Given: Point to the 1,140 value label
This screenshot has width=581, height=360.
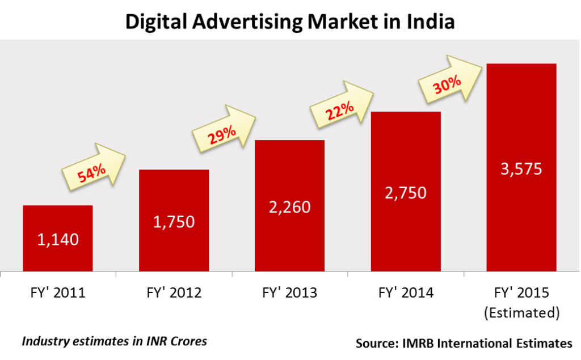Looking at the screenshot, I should click(x=58, y=239).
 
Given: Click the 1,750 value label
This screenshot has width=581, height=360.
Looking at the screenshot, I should click(x=174, y=221).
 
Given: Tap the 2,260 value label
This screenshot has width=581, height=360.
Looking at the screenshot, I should click(x=289, y=207).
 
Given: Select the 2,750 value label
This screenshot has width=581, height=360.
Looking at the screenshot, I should click(x=406, y=192).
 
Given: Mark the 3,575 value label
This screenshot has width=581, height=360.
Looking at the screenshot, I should click(x=521, y=168).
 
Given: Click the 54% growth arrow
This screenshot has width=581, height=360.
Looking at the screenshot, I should click(x=93, y=169).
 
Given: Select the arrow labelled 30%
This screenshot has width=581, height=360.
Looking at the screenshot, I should click(x=452, y=81).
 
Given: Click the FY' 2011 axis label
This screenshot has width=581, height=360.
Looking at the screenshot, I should click(x=58, y=293).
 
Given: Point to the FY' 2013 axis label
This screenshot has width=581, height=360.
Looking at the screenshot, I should click(x=289, y=293).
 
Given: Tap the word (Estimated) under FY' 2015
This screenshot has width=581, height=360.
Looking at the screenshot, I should click(x=521, y=312).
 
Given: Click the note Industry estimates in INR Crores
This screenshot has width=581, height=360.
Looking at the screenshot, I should click(x=114, y=341).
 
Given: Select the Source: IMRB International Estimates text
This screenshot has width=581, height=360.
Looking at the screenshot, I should click(x=464, y=343).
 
